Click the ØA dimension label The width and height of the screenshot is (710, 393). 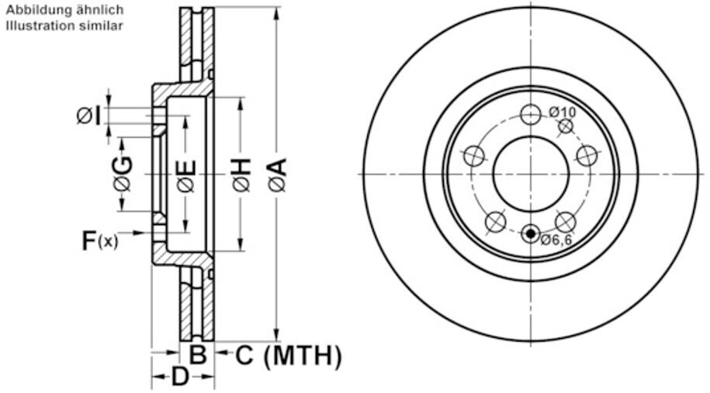click(x=278, y=174)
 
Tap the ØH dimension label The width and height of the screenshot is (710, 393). click(x=242, y=174)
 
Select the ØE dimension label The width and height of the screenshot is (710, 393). click(x=186, y=175)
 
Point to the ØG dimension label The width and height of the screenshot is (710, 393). click(x=123, y=174)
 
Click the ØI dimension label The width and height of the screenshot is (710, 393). click(x=88, y=115)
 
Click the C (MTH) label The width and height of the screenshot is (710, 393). click(x=289, y=356)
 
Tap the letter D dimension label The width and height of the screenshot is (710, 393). click(x=180, y=376)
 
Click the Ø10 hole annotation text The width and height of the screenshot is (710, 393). click(x=562, y=112)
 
